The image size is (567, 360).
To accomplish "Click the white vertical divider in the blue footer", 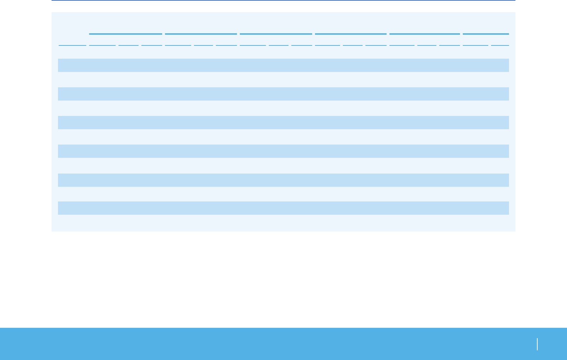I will coord(537,344).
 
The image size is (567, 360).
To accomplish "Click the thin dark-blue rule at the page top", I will coord(283,0).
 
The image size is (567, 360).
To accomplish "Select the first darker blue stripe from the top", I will coord(283,65).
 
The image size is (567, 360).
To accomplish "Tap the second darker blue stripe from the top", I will coord(283,94).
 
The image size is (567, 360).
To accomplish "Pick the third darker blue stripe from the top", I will coord(283,122).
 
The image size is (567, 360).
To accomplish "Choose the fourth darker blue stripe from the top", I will coord(283,151).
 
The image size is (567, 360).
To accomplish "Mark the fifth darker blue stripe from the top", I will coord(283,180).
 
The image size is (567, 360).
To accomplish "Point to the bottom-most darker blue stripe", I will coord(283,208).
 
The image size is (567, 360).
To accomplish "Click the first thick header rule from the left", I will coord(125,34).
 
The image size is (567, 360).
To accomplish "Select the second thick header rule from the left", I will coord(201,34).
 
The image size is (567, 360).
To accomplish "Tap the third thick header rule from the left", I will coord(276,34).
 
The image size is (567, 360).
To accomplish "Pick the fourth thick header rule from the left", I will coord(350,34).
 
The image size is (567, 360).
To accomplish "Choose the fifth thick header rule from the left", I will coord(425,34).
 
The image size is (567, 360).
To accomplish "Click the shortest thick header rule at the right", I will coord(486,34).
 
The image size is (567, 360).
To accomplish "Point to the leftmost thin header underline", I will coord(72,45).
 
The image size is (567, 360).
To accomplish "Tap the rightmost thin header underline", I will coord(500,45).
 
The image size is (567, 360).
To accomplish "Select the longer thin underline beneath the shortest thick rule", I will coord(475,45).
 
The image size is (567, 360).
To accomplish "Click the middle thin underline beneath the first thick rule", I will coord(128,45).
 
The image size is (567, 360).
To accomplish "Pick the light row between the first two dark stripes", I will coord(283,79).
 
